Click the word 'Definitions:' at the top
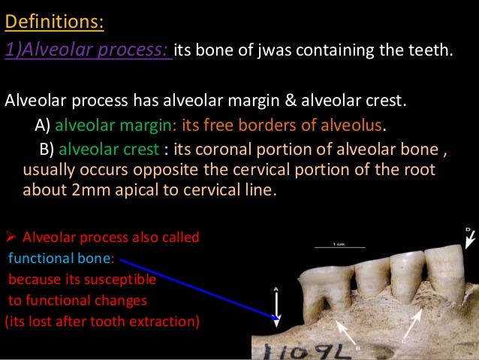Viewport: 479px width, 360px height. pos(54,21)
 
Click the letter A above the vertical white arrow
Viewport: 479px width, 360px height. pos(276,289)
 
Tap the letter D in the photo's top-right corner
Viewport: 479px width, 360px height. pos(468,229)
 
